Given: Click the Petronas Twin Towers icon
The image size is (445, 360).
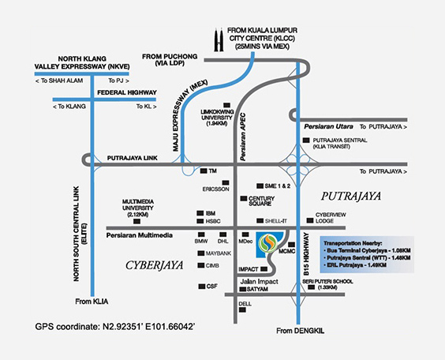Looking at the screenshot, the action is pyautogui.click(x=219, y=39).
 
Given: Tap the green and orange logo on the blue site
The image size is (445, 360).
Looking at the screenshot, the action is pyautogui.click(x=268, y=243).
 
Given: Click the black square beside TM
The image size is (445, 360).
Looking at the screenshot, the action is pyautogui.click(x=204, y=171).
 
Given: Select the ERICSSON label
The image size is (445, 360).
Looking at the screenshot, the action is pyautogui.click(x=215, y=189).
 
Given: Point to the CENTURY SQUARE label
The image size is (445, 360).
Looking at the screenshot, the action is pyautogui.click(x=261, y=201).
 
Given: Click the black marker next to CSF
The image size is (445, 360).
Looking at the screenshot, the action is pyautogui.click(x=202, y=287).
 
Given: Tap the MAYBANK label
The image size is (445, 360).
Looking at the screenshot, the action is pyautogui.click(x=219, y=253).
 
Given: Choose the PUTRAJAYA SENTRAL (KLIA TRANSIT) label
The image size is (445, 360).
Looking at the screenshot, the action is pyautogui.click(x=340, y=144).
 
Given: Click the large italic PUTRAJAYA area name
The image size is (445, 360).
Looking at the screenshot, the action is pyautogui.click(x=351, y=196).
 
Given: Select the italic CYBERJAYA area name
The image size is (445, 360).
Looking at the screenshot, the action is pyautogui.click(x=155, y=265).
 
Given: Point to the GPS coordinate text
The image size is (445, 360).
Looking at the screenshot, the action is pyautogui.click(x=115, y=327).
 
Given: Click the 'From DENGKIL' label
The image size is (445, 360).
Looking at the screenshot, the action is pyautogui.click(x=301, y=331).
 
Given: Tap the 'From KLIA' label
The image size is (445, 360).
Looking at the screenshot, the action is pyautogui.click(x=92, y=302).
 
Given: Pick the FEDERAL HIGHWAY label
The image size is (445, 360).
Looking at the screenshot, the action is pyautogui.click(x=127, y=92).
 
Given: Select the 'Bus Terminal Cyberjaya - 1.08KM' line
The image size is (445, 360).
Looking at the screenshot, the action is pyautogui.click(x=368, y=251).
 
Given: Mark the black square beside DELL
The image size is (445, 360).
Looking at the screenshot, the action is pyautogui.click(x=242, y=309).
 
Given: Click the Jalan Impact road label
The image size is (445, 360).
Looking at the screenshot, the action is pyautogui.click(x=259, y=282).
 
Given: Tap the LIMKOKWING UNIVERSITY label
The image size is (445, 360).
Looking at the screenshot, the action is pyautogui.click(x=217, y=118).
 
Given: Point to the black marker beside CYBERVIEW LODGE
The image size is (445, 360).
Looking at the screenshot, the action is pyautogui.click(x=310, y=220).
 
